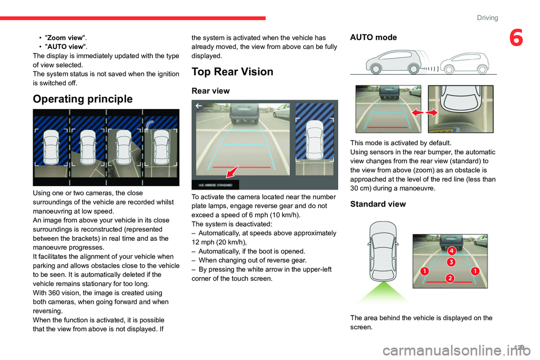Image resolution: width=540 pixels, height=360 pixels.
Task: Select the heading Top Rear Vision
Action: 232,71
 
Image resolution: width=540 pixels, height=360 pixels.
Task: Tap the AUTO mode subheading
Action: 373,37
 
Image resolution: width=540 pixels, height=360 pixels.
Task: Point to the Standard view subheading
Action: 377,204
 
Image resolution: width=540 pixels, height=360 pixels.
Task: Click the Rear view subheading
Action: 211,90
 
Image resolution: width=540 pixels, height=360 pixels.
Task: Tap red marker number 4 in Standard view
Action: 451,250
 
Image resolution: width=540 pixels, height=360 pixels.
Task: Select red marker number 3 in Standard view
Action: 451,262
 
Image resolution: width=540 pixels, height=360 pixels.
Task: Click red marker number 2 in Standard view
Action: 450,277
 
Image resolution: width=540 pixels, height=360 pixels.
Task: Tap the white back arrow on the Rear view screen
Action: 199,105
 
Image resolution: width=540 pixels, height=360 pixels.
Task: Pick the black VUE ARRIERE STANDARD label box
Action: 215,184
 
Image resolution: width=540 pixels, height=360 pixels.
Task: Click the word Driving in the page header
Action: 487,18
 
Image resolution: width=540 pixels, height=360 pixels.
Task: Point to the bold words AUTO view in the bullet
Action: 62,46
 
